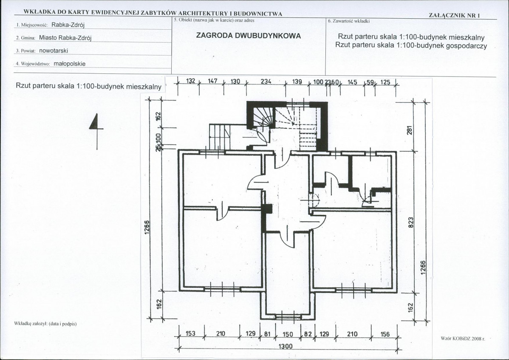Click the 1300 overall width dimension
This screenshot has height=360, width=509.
point(286,346)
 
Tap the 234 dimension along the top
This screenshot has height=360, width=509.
point(266,82)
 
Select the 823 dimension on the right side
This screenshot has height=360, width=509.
point(410,222)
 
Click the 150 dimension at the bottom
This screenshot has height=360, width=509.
point(288,334)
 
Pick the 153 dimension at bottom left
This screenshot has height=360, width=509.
point(190,333)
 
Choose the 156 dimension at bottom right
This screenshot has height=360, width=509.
point(385,334)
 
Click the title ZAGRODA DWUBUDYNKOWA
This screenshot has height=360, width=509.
point(248,36)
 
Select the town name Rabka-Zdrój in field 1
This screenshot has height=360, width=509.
point(68,25)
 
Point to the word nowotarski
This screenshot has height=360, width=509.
point(54,51)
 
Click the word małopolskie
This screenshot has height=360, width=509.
point(70,64)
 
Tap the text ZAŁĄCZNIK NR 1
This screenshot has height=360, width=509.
point(454,15)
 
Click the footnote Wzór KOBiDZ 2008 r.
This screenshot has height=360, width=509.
point(463,339)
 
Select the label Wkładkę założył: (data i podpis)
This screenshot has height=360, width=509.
point(45,323)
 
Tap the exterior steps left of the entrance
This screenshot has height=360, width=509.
point(219,137)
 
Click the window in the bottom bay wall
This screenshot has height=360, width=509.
point(288,317)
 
